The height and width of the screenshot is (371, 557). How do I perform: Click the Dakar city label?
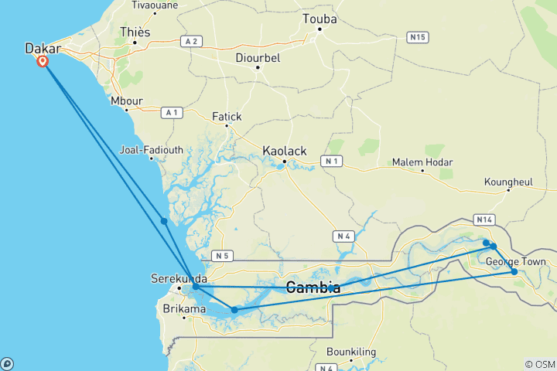pyautogui.click(x=43, y=48)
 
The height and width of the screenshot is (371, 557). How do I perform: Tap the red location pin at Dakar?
pyautogui.click(x=43, y=61)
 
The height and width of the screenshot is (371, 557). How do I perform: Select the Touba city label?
pyautogui.click(x=320, y=19)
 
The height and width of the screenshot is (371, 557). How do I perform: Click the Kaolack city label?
pyautogui.click(x=285, y=150)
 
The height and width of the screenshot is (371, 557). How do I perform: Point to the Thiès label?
pyautogui.click(x=135, y=32)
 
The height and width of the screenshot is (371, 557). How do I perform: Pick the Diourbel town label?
pyautogui.click(x=258, y=57)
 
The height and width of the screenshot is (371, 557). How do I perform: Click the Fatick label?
pyautogui.click(x=227, y=117)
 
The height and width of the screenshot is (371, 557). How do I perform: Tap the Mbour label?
pyautogui.click(x=127, y=100)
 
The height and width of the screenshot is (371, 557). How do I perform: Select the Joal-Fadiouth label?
pyautogui.click(x=152, y=150)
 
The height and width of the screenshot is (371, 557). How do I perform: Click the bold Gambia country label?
pyautogui.click(x=313, y=288)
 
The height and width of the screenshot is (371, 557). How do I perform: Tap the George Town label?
pyautogui.click(x=516, y=262)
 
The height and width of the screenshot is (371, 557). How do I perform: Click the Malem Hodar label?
pyautogui.click(x=422, y=162)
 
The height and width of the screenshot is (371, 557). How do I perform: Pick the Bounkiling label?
pyautogui.click(x=351, y=352)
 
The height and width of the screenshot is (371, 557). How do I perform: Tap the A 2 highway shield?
pyautogui.click(x=191, y=40)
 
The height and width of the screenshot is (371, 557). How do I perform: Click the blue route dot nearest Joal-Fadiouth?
pyautogui.click(x=164, y=221)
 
